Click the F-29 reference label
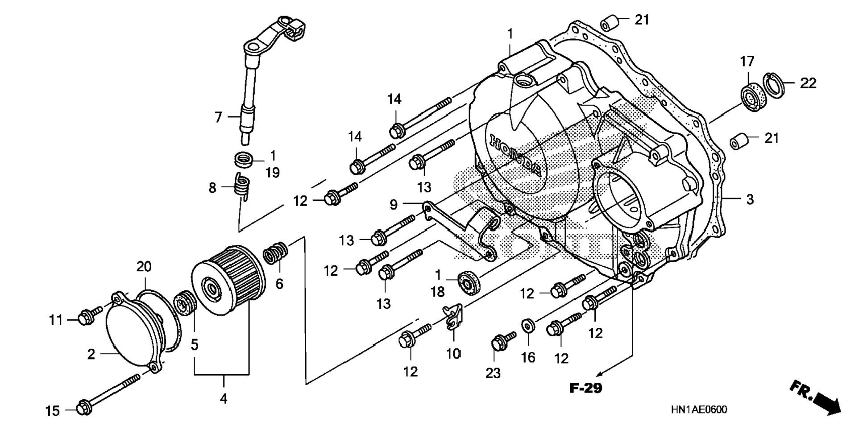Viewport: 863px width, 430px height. point(586,388)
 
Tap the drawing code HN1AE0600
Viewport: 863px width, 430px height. point(698,409)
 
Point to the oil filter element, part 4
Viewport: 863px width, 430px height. point(228,280)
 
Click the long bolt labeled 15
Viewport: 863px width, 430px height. point(108,393)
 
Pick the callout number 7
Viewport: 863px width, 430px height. point(218,117)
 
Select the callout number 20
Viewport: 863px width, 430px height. point(144,267)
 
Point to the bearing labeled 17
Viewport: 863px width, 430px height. point(753,96)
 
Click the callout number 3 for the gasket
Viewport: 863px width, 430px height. point(750,199)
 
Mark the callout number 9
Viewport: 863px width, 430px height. point(393,205)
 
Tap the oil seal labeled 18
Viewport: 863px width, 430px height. point(470,282)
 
